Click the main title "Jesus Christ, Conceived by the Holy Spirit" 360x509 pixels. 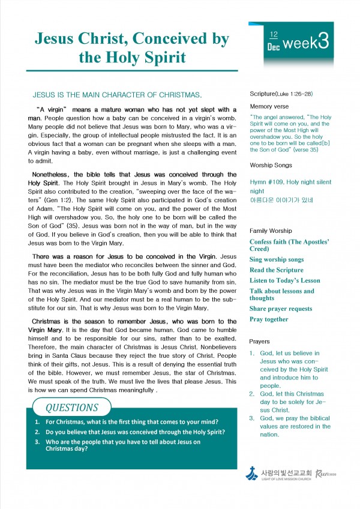[x=131, y=49]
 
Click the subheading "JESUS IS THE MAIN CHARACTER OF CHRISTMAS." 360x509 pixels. [x=116, y=95]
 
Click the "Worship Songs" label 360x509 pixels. [x=271, y=165]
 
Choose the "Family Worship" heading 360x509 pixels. [x=271, y=230]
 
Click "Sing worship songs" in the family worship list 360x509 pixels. [x=277, y=259]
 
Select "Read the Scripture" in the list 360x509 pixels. [x=276, y=270]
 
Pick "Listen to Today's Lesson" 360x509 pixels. [x=285, y=280]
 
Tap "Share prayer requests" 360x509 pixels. [x=281, y=309]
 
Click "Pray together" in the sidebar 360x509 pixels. [x=269, y=319]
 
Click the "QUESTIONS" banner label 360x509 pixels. [x=71, y=408]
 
